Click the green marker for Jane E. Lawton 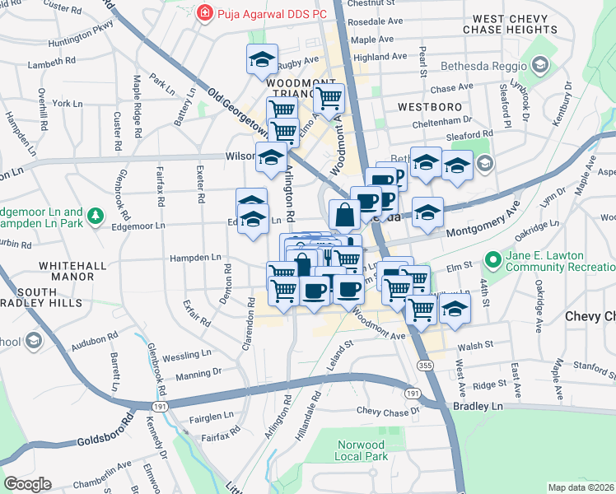[x=493, y=262]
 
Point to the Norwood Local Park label [x=361, y=450]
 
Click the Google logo [x=27, y=484]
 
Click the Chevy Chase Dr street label [x=389, y=410]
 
